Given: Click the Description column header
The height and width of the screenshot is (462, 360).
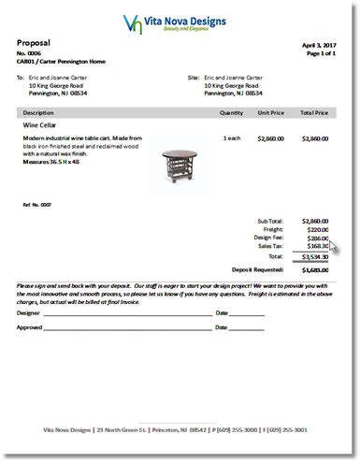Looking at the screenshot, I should tap(42, 112).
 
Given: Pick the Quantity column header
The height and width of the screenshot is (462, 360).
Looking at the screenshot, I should tap(231, 112).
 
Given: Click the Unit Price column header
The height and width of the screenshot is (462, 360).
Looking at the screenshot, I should tap(271, 112).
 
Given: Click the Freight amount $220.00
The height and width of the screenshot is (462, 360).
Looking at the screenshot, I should tap(315, 229).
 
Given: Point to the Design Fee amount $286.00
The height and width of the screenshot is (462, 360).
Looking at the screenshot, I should tap(315, 238).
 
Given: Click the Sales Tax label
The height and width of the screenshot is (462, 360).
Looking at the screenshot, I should tap(269, 246).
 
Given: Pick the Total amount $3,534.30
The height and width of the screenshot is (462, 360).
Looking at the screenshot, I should tap(313, 255).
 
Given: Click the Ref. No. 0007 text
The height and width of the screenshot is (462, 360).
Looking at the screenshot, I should tap(37, 203).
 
